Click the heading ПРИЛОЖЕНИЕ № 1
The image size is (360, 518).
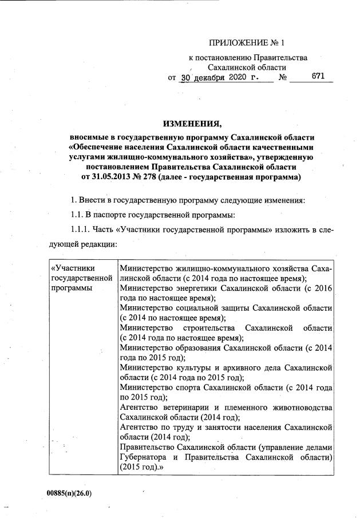point(246,43)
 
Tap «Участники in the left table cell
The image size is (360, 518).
point(73,268)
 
